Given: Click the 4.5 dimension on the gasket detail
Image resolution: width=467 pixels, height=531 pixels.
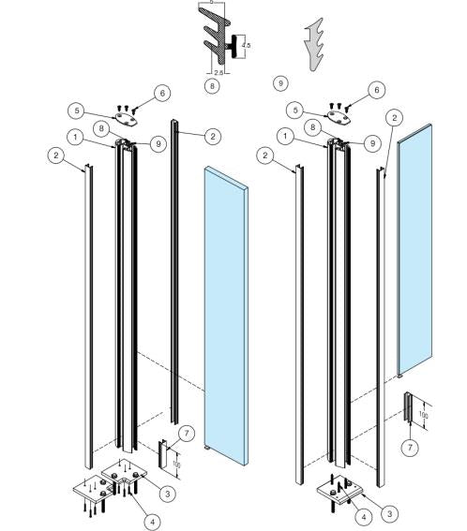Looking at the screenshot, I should [247, 43].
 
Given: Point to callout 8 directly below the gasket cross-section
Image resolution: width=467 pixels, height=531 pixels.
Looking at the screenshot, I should [213, 85].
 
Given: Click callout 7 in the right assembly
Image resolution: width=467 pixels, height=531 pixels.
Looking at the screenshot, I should [410, 448].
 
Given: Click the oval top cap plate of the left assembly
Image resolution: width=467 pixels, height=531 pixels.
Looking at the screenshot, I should [127, 119].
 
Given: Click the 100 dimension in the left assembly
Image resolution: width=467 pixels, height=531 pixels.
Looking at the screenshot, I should [176, 462].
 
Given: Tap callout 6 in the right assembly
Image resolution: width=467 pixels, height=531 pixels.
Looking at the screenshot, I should [376, 89].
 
